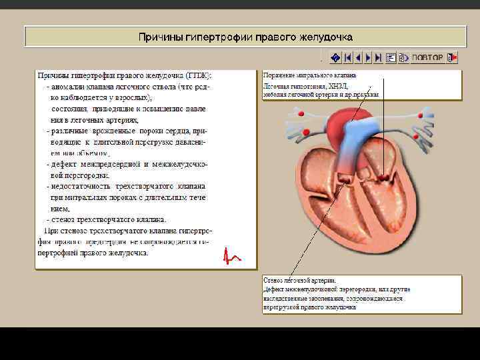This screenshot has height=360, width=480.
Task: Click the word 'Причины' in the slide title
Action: click(x=159, y=37)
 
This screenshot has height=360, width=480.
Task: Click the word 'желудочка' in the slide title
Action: click(x=324, y=37)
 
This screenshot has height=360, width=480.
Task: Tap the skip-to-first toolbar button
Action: click(x=348, y=57)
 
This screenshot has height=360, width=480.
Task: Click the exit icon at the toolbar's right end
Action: click(x=451, y=57)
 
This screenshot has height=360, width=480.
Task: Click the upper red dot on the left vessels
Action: click(x=301, y=115)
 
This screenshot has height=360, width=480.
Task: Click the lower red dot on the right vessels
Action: click(x=415, y=138)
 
